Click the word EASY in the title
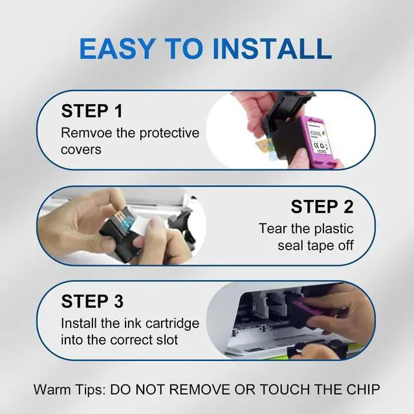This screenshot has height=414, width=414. point(118,49)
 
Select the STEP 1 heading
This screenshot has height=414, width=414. point(92,111)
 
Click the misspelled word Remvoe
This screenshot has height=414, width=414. point(87,133)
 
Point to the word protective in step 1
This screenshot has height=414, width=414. point(169,133)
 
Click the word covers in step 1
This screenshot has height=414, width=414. point(81,149)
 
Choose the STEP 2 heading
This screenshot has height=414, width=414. point(322,206)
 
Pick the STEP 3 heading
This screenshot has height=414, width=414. point(92,301)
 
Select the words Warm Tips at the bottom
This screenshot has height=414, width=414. point(70,389)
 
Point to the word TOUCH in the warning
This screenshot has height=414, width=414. point(285,389)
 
